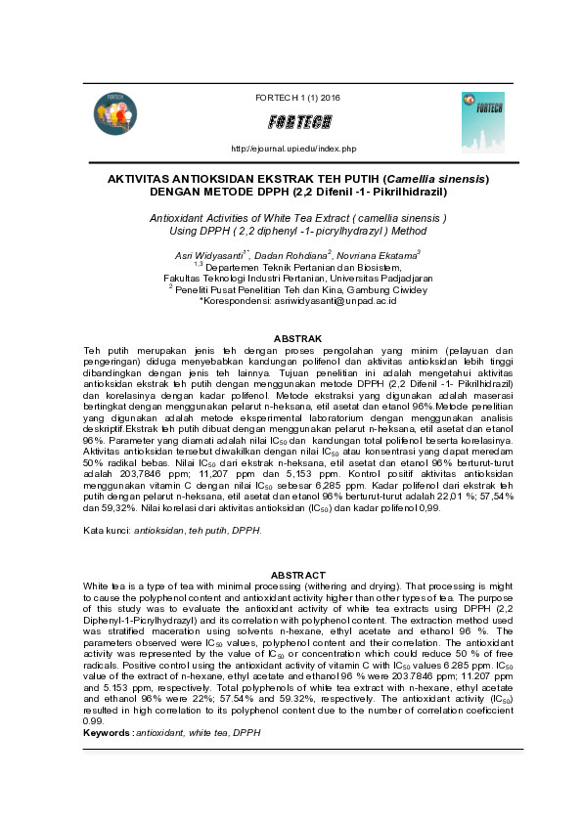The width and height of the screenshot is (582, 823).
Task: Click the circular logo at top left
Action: (116, 113)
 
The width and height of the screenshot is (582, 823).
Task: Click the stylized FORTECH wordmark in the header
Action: (298, 122)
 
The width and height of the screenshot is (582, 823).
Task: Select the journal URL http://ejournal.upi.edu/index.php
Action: (292, 149)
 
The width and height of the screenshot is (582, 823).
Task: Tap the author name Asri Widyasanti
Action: (206, 255)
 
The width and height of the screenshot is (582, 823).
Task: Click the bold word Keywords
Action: (107, 732)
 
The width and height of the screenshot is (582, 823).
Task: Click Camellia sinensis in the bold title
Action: (434, 180)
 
